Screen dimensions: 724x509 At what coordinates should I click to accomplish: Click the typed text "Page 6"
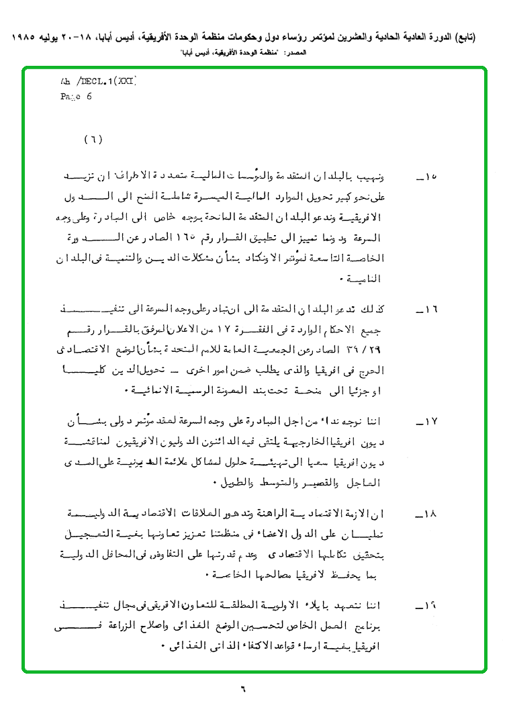tap(76, 96)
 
